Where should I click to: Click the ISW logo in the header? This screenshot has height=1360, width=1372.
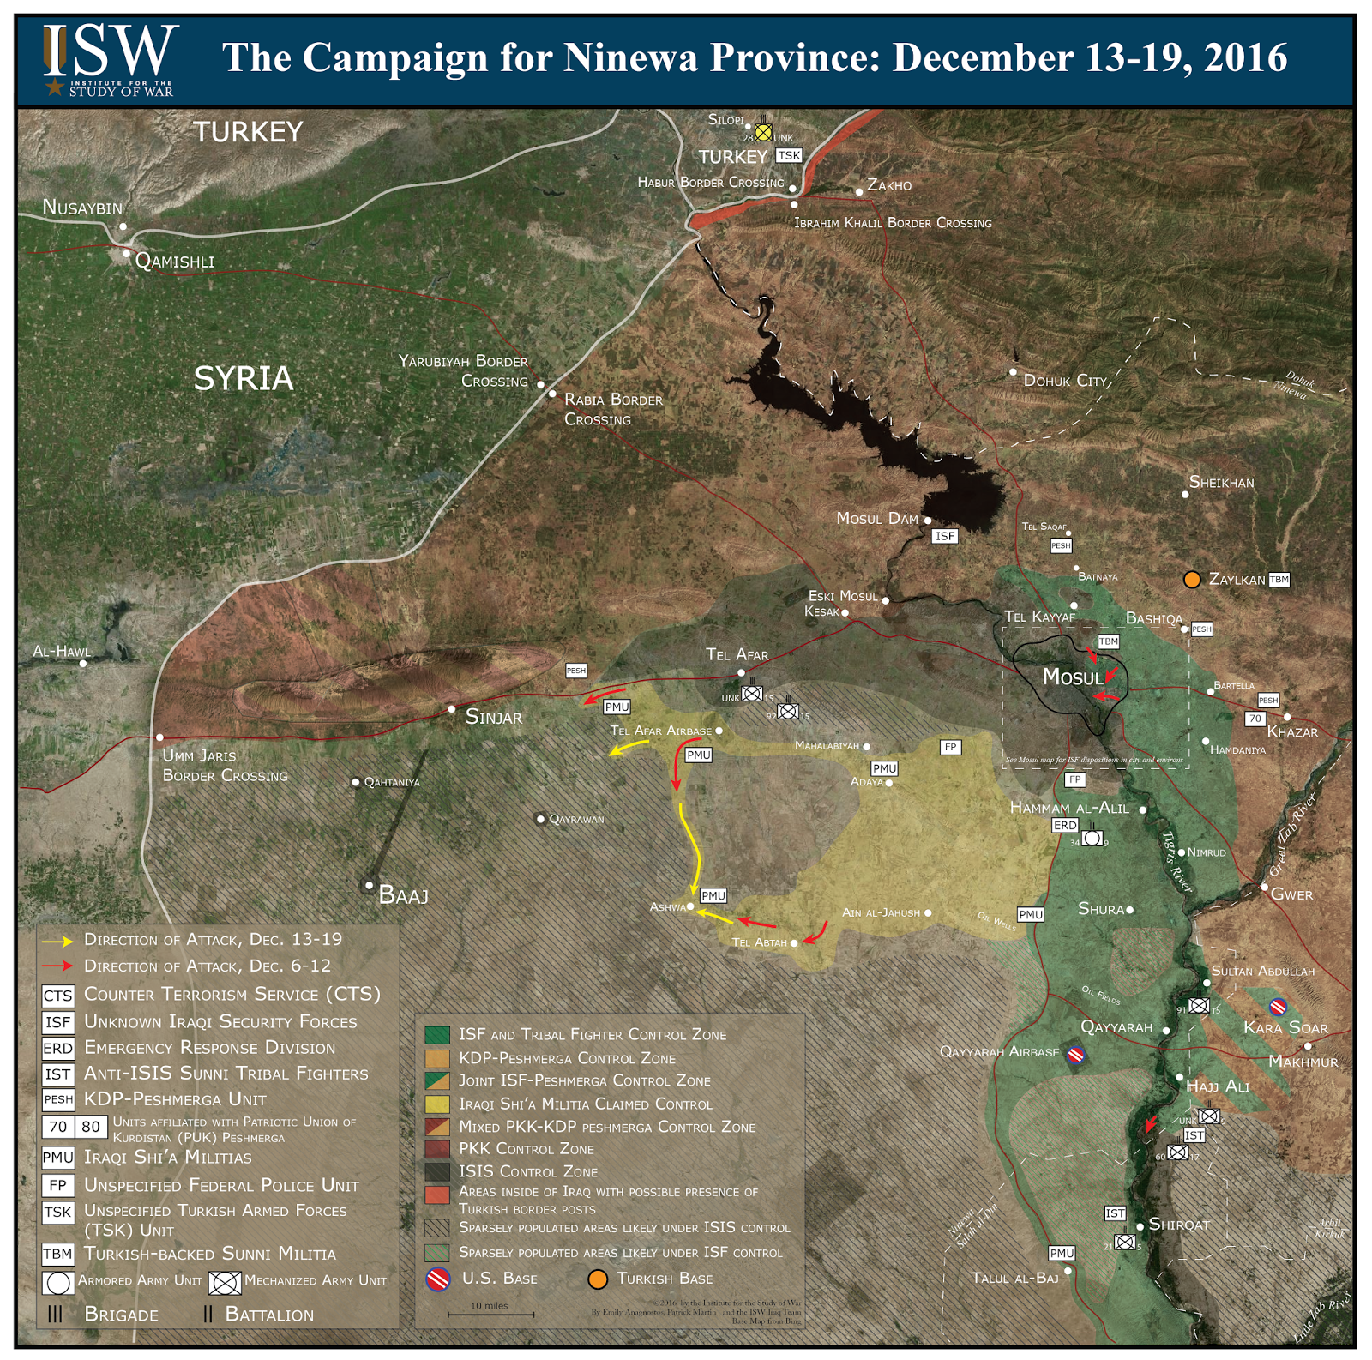[110, 59]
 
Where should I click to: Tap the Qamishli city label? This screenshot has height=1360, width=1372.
[175, 261]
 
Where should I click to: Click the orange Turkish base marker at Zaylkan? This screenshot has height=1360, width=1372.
[1191, 580]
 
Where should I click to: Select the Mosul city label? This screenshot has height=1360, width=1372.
[1072, 677]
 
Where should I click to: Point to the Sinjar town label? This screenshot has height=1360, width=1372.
[493, 717]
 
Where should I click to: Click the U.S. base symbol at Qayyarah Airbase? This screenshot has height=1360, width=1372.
[1075, 1054]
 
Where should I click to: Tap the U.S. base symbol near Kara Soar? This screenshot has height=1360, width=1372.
[1278, 1006]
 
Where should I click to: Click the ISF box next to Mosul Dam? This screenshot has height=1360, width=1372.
[944, 536]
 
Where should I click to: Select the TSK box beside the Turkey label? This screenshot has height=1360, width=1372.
[788, 155]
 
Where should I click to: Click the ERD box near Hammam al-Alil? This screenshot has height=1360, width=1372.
[1065, 825]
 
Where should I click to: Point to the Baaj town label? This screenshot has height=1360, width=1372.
[403, 896]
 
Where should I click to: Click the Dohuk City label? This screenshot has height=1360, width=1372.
[1065, 380]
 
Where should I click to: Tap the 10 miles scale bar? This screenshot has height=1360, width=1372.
[490, 1313]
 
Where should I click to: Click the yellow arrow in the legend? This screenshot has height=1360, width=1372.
[58, 941]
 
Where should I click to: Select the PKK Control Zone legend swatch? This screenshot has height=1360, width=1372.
[437, 1149]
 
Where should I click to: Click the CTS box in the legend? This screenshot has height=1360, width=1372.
[58, 996]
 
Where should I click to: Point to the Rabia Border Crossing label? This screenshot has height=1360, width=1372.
[612, 409]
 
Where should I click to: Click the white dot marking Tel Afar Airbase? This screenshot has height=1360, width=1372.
[719, 731]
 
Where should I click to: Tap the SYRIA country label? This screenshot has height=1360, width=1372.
[244, 378]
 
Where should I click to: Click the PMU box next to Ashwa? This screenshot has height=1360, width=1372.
[713, 895]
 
